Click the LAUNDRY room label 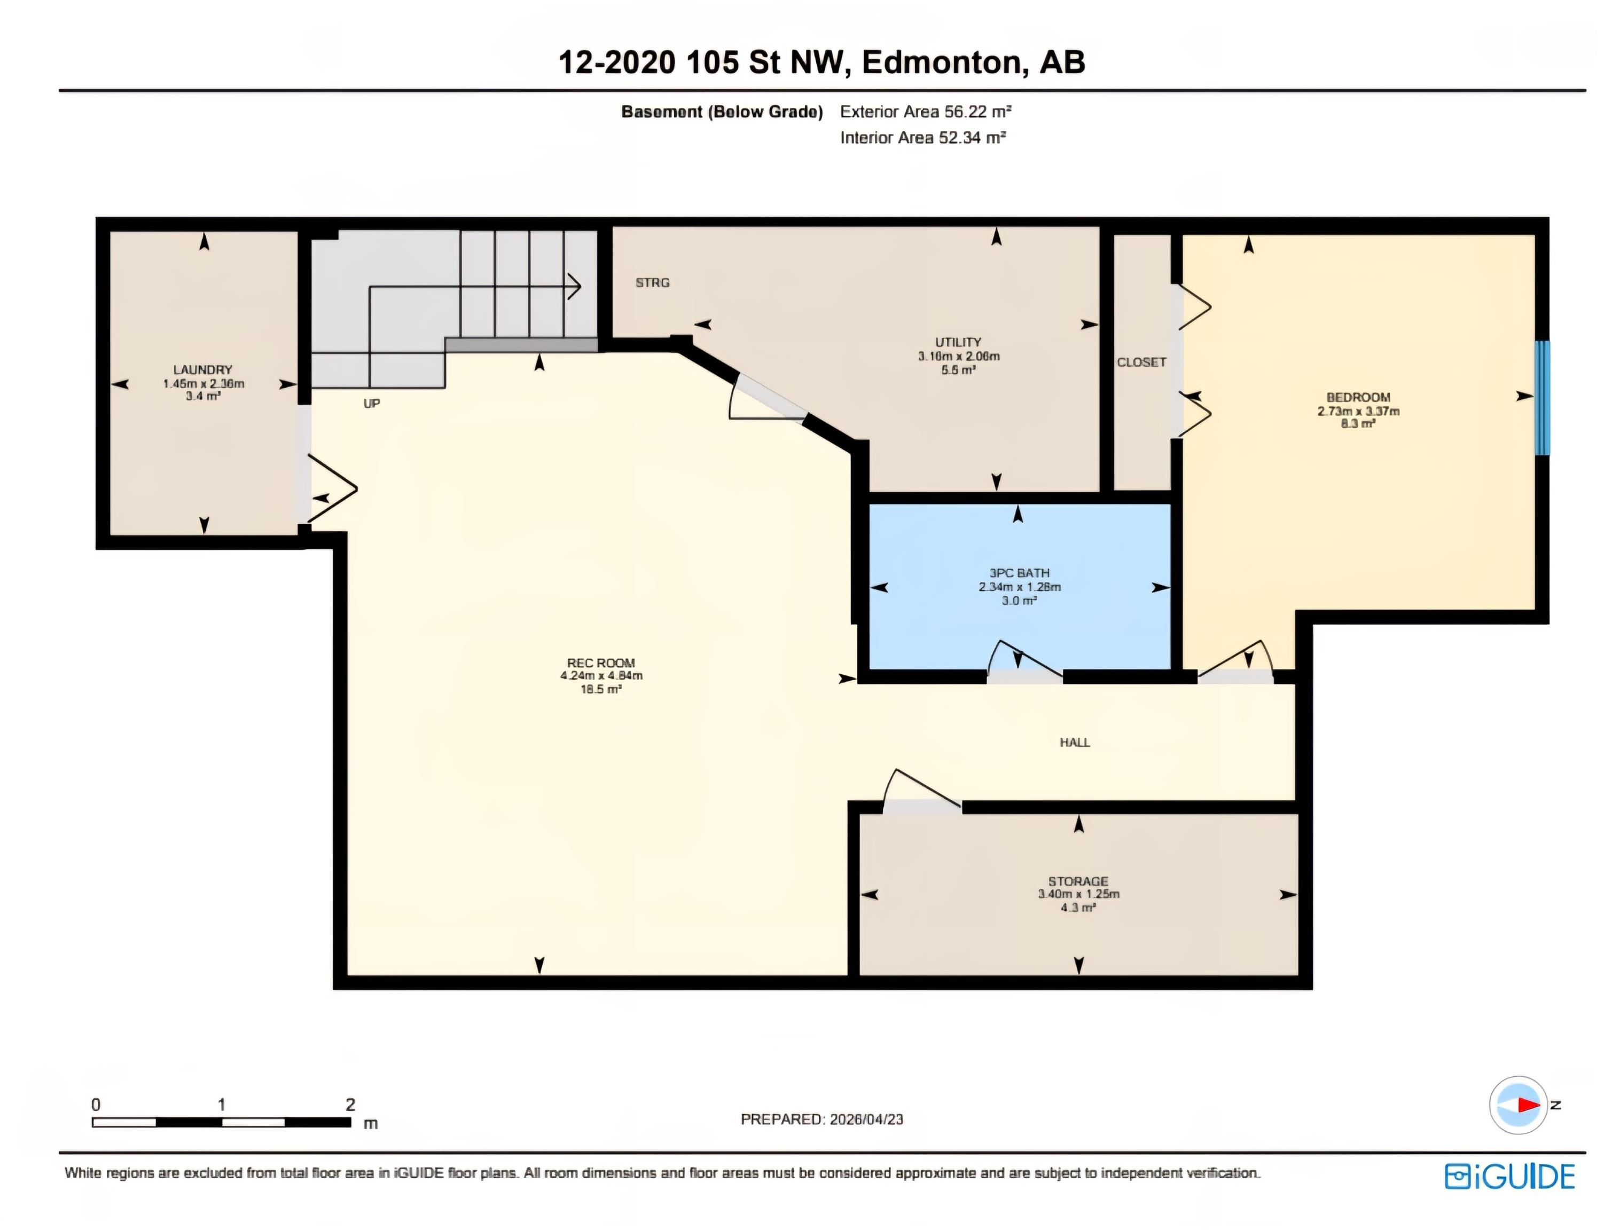(x=203, y=370)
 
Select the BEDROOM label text (x=1358, y=398)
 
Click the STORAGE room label (x=1077, y=881)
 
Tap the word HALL (x=1075, y=743)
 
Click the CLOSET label (x=1141, y=362)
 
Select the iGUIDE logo (x=1509, y=1176)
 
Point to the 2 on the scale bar (x=350, y=1104)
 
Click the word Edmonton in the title (x=941, y=62)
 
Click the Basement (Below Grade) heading (x=722, y=112)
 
